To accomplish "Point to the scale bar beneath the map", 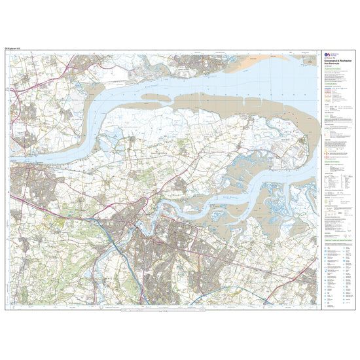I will click(164, 310).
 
